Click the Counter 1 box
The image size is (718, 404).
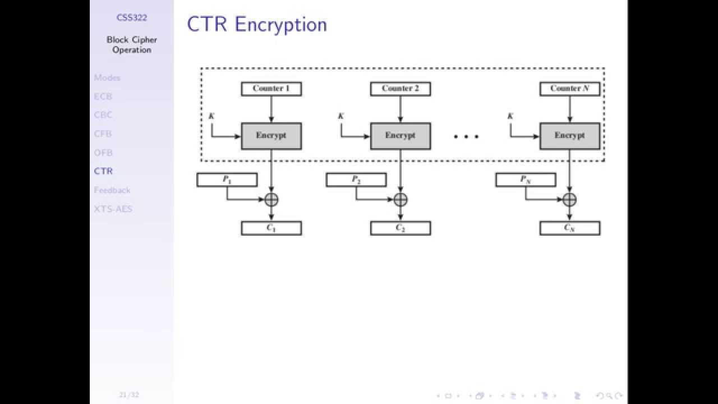click(271, 89)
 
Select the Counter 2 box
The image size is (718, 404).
click(401, 89)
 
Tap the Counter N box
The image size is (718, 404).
click(570, 89)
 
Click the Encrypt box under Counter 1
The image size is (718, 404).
click(271, 136)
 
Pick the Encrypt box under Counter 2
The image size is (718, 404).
click(401, 136)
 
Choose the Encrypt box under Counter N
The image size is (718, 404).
click(570, 136)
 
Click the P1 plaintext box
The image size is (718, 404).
click(227, 180)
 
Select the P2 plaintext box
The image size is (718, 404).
click(356, 180)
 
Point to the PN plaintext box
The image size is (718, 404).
click(526, 180)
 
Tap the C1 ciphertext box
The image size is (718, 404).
click(271, 228)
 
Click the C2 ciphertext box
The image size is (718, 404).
click(401, 228)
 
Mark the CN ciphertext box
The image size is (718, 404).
click(570, 228)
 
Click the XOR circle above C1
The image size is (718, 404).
click(271, 199)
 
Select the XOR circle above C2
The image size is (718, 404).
click(401, 199)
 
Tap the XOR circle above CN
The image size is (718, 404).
click(570, 199)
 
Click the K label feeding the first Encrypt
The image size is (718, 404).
click(211, 116)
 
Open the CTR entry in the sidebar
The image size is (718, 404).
click(103, 171)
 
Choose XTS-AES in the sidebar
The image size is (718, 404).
click(113, 209)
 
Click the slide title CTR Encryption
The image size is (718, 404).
click(257, 25)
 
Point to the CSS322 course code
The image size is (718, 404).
click(132, 17)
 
